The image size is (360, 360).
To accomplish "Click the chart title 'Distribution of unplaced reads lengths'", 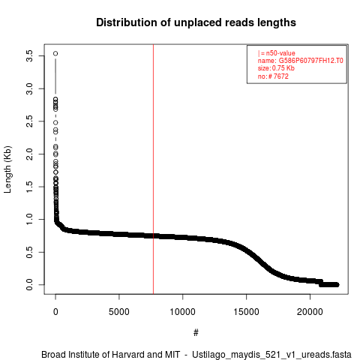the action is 196,22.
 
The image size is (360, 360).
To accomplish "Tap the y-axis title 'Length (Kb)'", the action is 7,169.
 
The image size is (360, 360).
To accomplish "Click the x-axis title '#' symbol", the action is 196,333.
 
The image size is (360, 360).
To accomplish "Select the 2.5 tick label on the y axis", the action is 29,121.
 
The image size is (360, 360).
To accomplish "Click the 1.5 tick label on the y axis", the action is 29,187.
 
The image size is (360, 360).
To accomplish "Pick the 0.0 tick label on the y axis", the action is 29,284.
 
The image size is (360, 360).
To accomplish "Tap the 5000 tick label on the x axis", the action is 119,312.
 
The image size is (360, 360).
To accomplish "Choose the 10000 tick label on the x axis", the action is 183,312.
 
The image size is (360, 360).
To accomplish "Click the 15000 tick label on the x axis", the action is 247,312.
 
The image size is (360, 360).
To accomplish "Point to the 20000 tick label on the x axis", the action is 310,312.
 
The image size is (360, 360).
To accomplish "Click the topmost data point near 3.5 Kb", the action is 55,53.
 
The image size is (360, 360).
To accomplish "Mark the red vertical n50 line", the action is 153,169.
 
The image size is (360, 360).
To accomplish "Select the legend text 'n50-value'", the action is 280,53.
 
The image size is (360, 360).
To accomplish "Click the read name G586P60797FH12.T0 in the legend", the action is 310,61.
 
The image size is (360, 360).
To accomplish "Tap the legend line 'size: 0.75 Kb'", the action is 276,68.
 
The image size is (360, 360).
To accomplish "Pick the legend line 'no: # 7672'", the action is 273,76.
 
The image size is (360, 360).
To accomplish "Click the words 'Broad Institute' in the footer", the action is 71,355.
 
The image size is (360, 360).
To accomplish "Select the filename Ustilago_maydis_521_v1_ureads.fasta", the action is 271,355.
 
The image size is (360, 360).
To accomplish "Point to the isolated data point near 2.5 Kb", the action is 55,122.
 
